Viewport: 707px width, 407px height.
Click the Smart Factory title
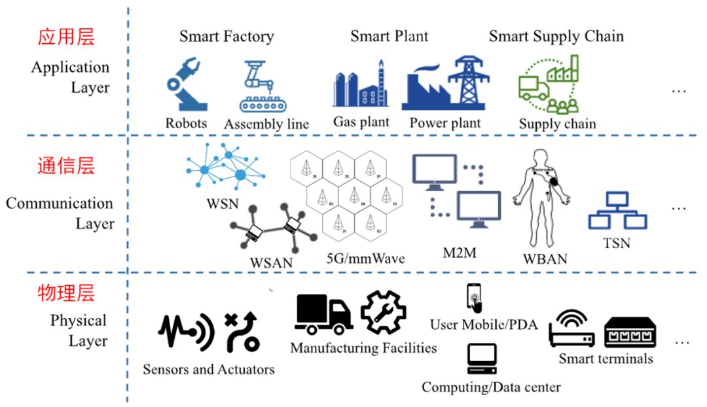pyautogui.click(x=227, y=37)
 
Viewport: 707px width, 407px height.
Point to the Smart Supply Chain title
pyautogui.click(x=556, y=37)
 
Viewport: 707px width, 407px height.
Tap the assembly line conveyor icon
pyautogui.click(x=264, y=86)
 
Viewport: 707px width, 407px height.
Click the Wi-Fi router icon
pyautogui.click(x=571, y=329)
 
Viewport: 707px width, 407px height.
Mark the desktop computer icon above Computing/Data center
pyautogui.click(x=481, y=359)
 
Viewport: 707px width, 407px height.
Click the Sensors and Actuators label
pyautogui.click(x=208, y=369)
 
